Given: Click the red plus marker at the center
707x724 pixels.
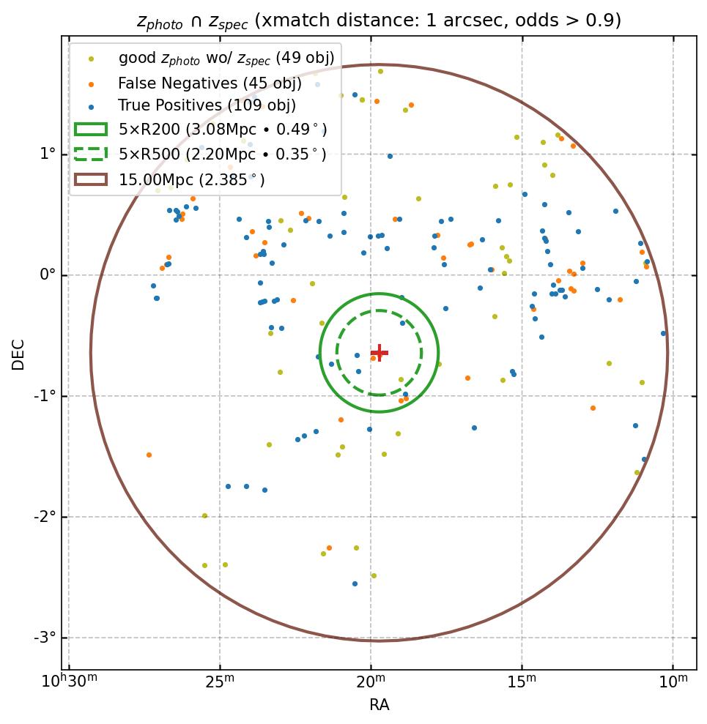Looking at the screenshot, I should [379, 353].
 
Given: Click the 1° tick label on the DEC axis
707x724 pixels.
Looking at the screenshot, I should [48, 154].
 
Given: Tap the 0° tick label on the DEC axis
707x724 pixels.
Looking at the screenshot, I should [48, 275].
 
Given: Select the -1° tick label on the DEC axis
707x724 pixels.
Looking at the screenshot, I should [45, 396].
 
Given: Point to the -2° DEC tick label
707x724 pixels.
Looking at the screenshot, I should [45, 517].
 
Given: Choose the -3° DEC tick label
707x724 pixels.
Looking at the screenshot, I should [45, 638].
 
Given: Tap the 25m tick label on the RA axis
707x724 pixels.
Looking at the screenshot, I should [220, 682].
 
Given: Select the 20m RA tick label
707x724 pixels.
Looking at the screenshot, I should [371, 682].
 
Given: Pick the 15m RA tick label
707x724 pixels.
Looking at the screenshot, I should [522, 682].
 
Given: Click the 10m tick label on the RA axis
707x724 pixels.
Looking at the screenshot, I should [673, 682].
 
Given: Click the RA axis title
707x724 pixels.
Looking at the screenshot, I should [379, 706].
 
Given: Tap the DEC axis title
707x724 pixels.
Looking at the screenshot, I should [18, 354].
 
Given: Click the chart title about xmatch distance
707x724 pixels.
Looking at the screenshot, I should [379, 20].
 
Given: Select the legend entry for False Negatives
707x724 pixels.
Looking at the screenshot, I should [210, 83].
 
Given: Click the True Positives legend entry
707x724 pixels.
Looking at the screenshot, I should [207, 106].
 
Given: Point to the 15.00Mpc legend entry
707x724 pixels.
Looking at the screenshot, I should [191, 179].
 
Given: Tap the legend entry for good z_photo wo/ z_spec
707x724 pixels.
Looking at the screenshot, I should [226, 59].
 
